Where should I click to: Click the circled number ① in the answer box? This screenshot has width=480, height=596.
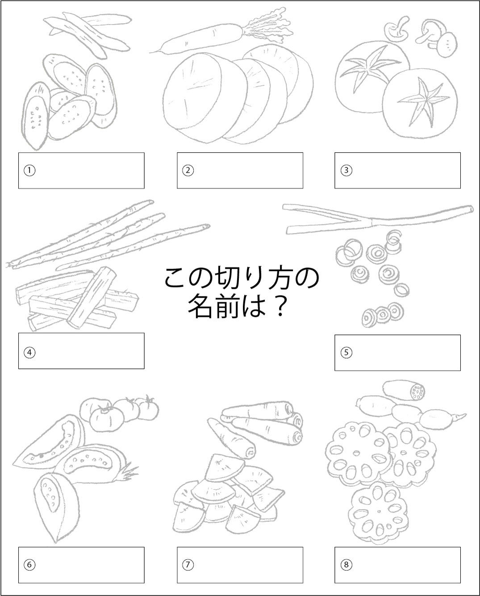pos(29,171)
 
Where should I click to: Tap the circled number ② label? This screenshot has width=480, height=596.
pos(188,171)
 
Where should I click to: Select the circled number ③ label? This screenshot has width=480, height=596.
pos(346,171)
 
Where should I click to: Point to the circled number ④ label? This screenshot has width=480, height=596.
pos(29,353)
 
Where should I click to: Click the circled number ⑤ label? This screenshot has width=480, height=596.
pos(346,353)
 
